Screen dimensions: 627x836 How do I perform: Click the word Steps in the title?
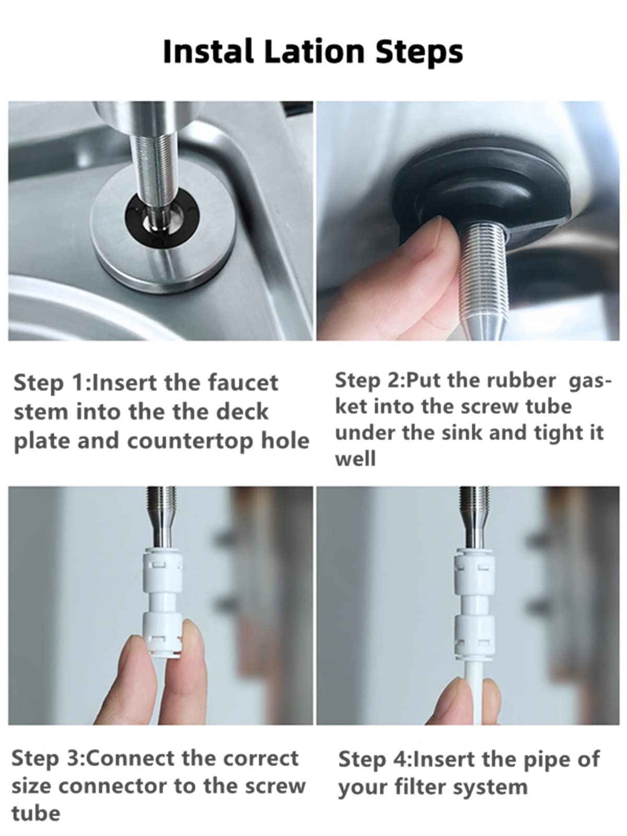point(419,53)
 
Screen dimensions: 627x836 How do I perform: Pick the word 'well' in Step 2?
point(355,458)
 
